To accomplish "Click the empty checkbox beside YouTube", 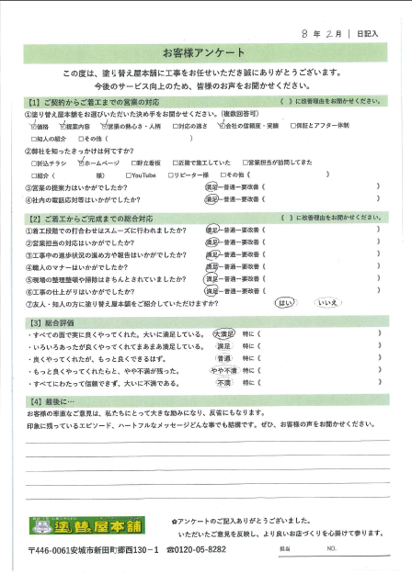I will pyautogui.click(x=124, y=173).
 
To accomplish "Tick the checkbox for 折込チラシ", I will pyautogui.click(x=34, y=161).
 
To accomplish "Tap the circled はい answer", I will pyautogui.click(x=284, y=301).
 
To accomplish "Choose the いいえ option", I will pyautogui.click(x=328, y=301).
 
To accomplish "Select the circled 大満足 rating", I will pyautogui.click(x=223, y=337).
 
